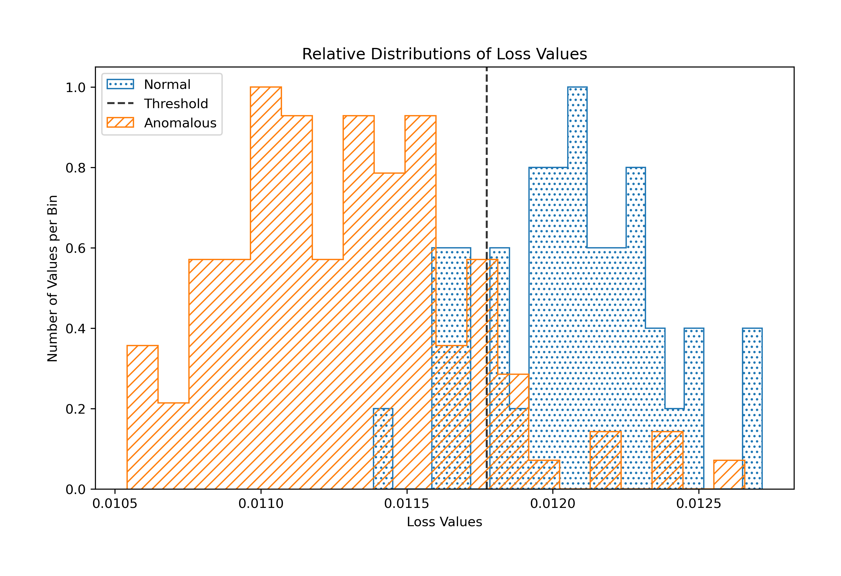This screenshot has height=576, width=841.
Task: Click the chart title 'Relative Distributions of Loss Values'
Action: [x=444, y=54]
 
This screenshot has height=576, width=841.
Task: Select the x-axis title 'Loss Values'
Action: [x=444, y=522]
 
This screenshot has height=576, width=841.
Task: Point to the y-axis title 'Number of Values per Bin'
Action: [x=53, y=278]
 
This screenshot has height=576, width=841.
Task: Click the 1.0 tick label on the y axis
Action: [x=75, y=88]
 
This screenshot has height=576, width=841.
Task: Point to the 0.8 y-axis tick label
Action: [x=75, y=168]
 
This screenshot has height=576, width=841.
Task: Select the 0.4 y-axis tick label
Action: [x=75, y=329]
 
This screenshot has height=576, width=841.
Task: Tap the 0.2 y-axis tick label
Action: [x=75, y=409]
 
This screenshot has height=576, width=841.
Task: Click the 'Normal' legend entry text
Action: [x=167, y=84]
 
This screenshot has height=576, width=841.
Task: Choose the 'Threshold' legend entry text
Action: [x=176, y=104]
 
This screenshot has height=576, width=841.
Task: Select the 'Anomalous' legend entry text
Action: [x=180, y=123]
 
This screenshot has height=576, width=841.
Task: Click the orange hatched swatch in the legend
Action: [x=120, y=123]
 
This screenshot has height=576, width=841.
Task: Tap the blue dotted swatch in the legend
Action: [x=120, y=84]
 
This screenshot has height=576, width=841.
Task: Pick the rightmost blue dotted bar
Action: [x=752, y=409]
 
